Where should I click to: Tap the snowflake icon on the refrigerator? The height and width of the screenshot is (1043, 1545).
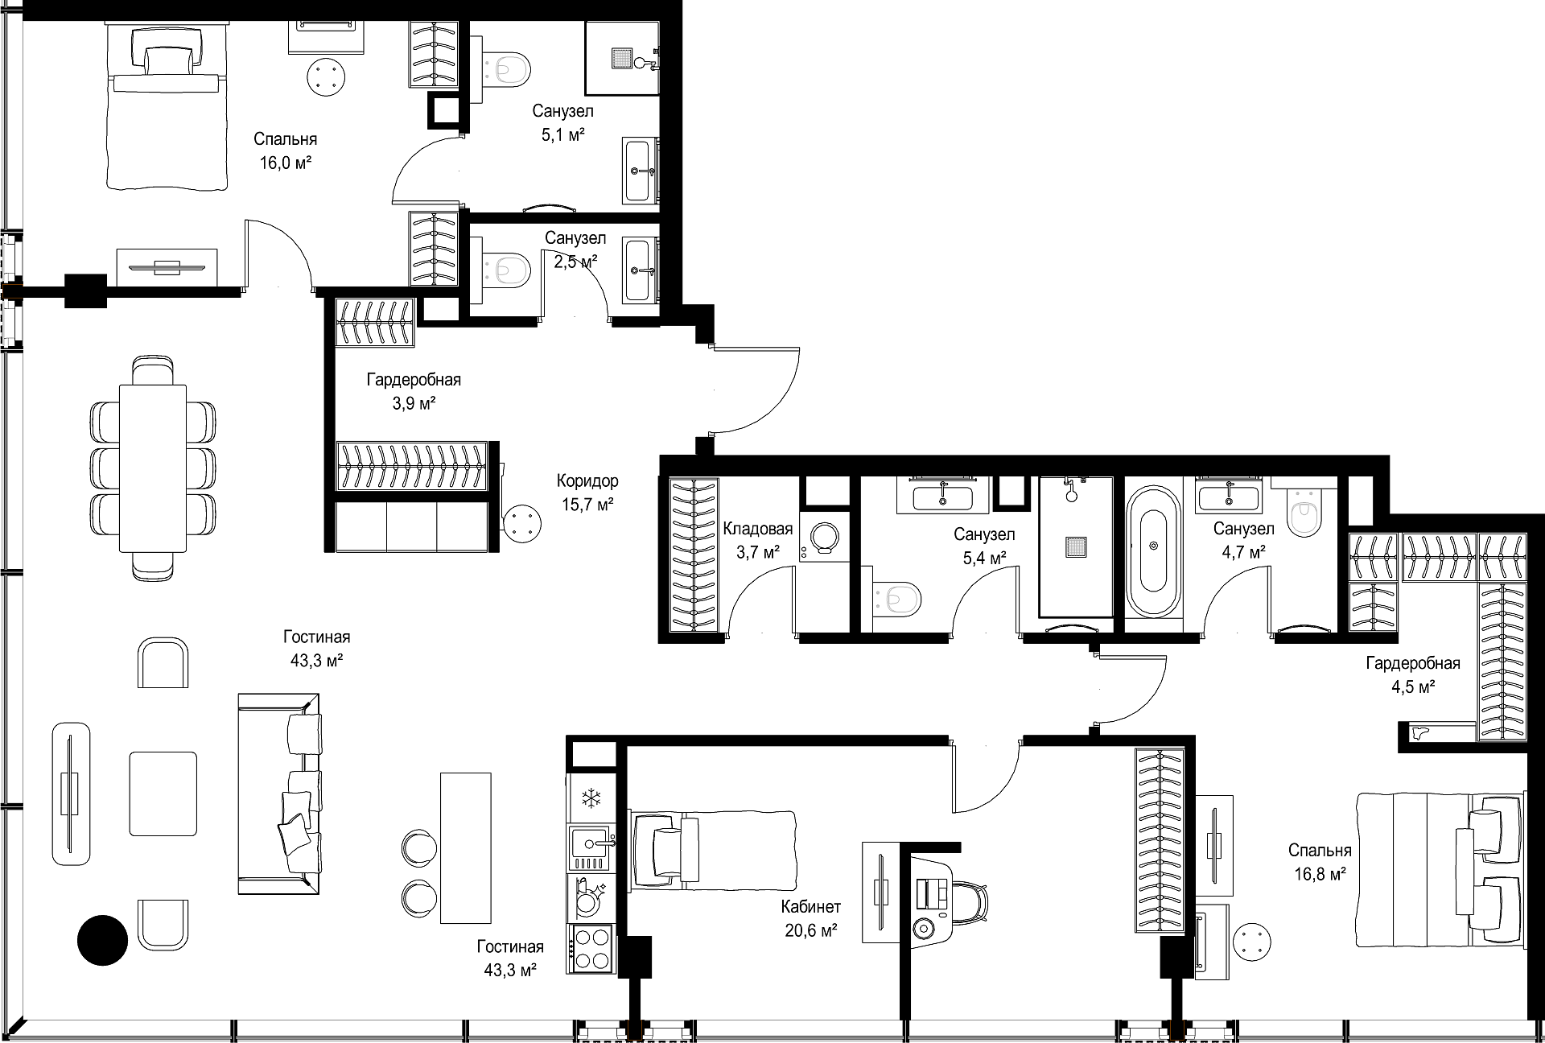592,798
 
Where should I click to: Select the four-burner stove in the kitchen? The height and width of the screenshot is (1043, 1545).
591,949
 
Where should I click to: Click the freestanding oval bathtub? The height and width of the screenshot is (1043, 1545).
1153,552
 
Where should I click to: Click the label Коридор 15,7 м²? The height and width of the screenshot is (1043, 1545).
587,493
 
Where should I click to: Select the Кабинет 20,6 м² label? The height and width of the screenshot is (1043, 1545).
811,918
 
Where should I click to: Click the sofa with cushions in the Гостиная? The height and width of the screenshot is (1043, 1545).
279,793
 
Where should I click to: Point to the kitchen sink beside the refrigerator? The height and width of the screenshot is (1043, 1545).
591,843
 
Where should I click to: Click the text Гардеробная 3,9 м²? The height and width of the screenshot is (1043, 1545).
414,391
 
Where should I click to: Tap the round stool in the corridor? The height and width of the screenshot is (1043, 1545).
522,524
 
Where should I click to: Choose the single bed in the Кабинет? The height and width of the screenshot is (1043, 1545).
712,849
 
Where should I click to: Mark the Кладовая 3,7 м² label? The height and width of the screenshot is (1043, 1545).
758,541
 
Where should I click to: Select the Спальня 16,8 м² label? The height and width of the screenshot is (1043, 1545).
1320,862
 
